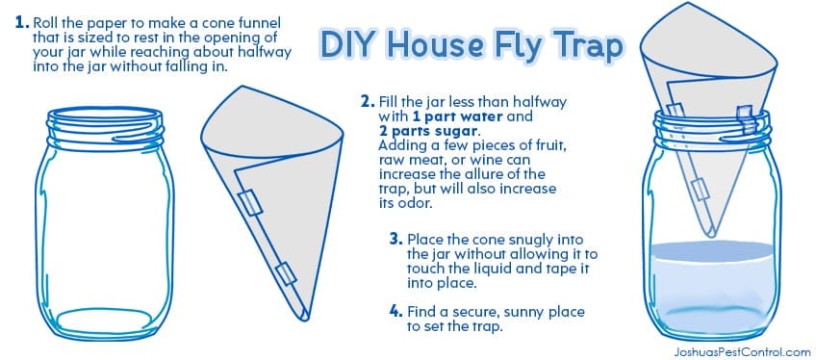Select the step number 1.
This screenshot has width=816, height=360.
(22, 23)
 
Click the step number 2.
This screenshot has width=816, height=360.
(368, 101)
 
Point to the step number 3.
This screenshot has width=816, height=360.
(396, 240)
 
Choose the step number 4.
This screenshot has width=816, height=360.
(396, 312)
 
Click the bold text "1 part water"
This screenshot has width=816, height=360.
(457, 116)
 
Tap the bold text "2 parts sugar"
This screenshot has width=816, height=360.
(428, 131)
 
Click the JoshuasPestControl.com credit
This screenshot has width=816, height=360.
(741, 352)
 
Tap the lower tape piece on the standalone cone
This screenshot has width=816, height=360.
(285, 274)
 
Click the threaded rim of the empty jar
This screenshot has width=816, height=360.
(105, 126)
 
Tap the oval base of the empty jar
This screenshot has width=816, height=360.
(106, 320)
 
